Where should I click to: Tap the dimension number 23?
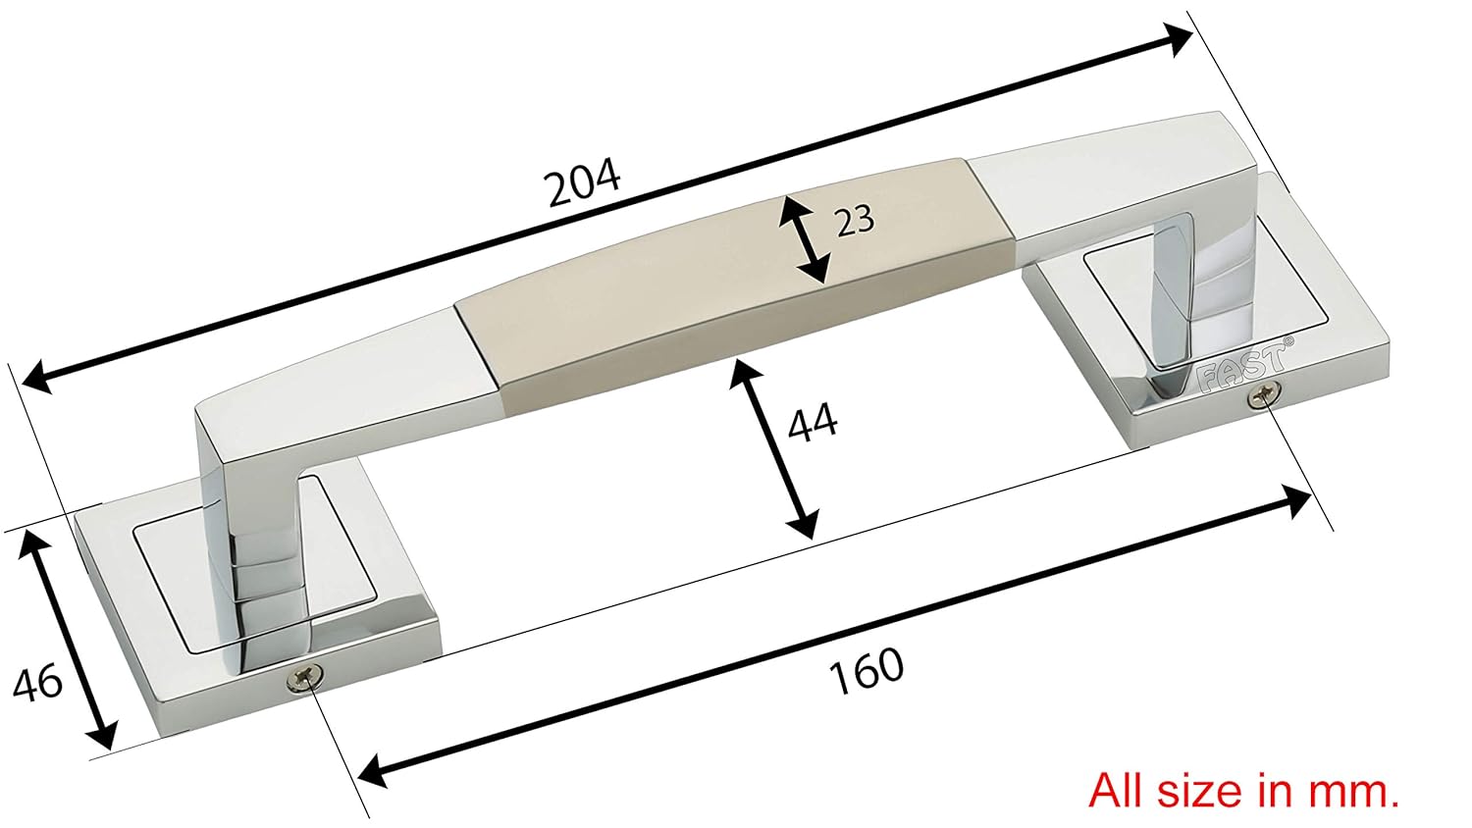pyautogui.click(x=854, y=220)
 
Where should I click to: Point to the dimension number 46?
pyautogui.click(x=39, y=682)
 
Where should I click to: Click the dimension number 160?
pyautogui.click(x=866, y=670)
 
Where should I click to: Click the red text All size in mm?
pyautogui.click(x=1243, y=789)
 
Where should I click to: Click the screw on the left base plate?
pyautogui.click(x=305, y=677)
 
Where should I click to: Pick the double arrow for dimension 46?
pyautogui.click(x=69, y=639)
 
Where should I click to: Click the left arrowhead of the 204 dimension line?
pyautogui.click(x=35, y=377)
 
